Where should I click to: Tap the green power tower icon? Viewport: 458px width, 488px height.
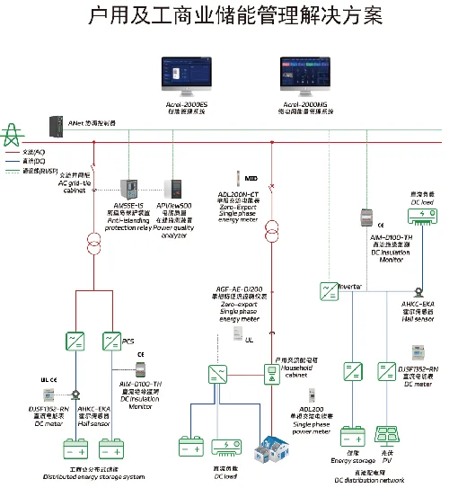click(x=13, y=135)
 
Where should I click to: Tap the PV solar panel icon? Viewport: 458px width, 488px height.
click(x=387, y=433)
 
